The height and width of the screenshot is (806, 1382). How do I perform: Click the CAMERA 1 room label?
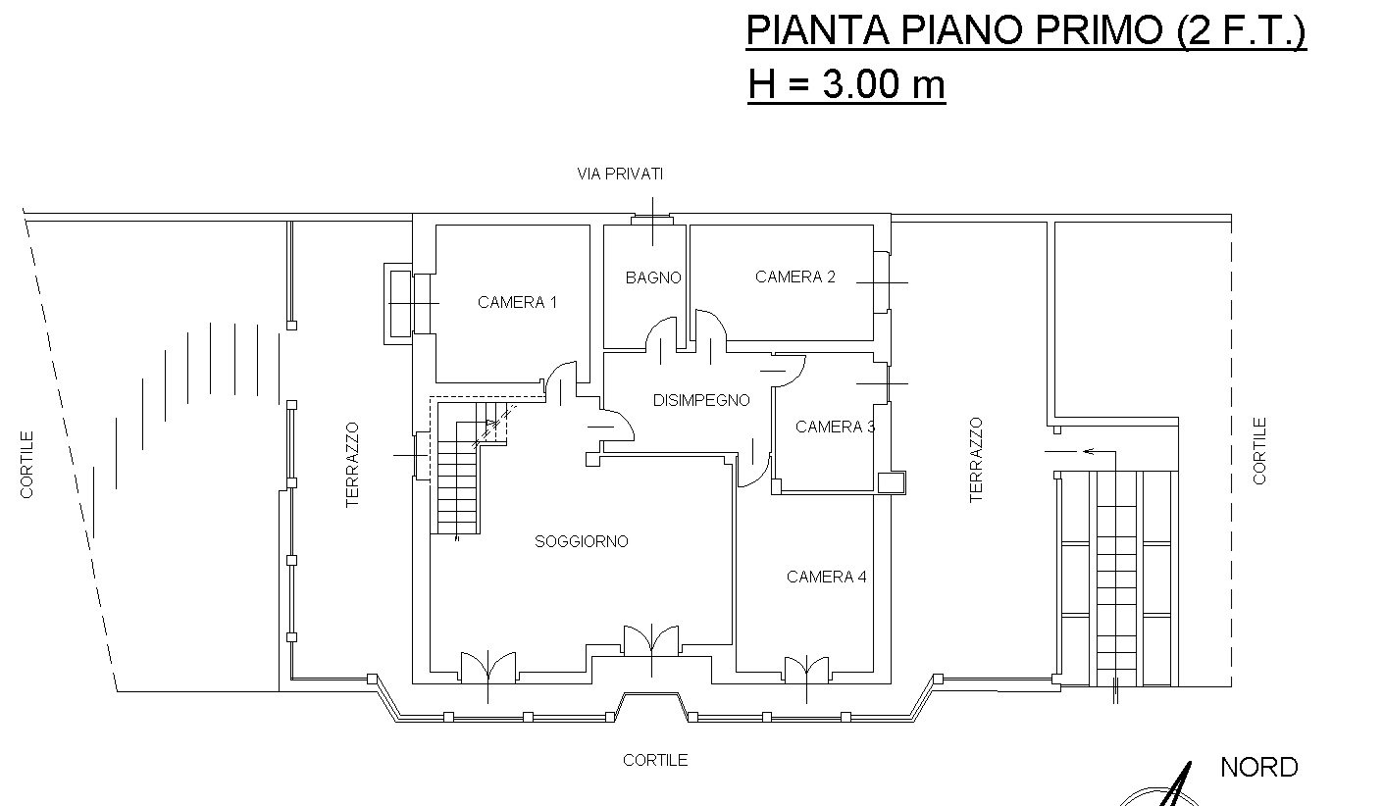click(x=517, y=302)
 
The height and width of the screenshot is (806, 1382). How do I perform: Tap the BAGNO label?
click(x=653, y=277)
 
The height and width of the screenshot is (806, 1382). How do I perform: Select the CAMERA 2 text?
click(x=794, y=277)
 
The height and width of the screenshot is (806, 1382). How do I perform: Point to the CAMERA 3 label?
click(x=835, y=427)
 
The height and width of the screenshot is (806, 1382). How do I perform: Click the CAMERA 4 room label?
click(x=826, y=577)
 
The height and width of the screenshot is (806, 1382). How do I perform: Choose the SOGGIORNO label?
click(x=581, y=541)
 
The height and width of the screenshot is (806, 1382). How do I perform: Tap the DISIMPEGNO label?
click(x=701, y=400)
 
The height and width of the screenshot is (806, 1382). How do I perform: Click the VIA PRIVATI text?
click(x=620, y=175)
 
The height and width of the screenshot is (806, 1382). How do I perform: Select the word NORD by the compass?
click(x=1258, y=767)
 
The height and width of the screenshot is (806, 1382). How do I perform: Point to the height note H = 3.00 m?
click(x=845, y=85)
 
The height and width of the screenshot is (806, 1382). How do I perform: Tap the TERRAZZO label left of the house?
click(x=353, y=464)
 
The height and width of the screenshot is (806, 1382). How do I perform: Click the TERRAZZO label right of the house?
click(x=976, y=460)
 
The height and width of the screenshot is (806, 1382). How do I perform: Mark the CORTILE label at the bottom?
click(x=655, y=760)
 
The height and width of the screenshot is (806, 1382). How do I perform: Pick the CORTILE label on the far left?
click(x=27, y=464)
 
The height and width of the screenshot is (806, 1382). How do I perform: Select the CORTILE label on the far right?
click(x=1260, y=451)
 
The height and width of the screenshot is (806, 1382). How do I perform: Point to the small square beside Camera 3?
click(x=892, y=482)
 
